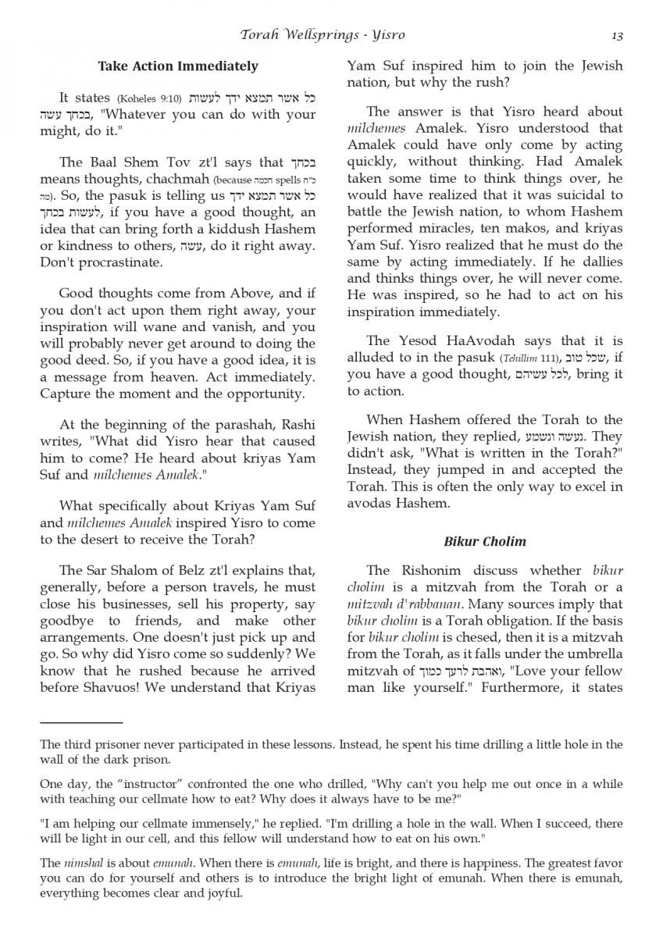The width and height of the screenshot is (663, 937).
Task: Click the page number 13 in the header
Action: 616,35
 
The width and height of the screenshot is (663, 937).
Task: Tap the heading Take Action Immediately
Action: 178,66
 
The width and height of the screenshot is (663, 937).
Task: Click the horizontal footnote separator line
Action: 81,723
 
